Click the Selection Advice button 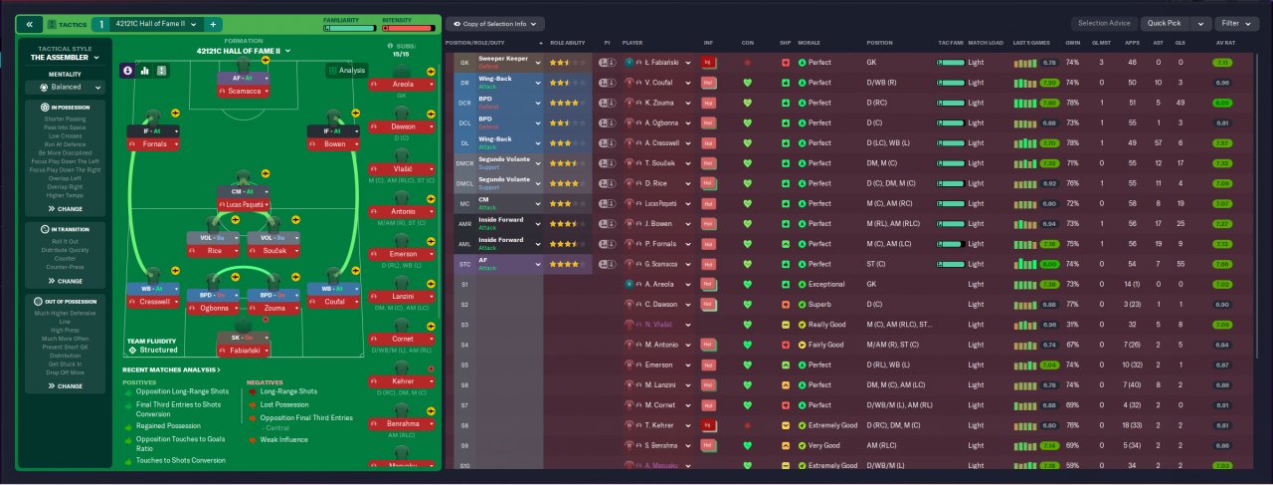click(x=1104, y=23)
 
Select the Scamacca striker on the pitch click(x=243, y=91)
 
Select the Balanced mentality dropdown click(x=67, y=87)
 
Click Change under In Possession click(x=67, y=209)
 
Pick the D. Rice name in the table click(x=657, y=183)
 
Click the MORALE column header click(x=809, y=43)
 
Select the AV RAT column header click(x=1225, y=43)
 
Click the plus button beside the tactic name click(x=213, y=23)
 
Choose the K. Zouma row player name click(x=660, y=103)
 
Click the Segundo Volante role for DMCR click(x=507, y=159)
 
